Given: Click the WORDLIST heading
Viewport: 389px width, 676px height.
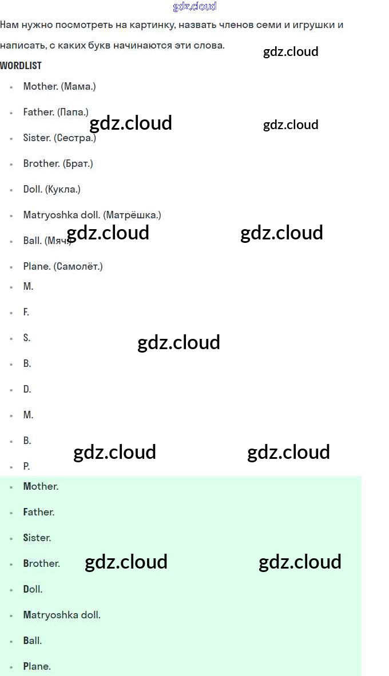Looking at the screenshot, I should pos(21,66).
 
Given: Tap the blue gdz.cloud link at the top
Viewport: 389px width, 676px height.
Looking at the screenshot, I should pos(194,7).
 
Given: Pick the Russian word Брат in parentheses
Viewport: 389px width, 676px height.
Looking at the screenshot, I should pos(77,163).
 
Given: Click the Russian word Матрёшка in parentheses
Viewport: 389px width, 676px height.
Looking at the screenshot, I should pos(132,215).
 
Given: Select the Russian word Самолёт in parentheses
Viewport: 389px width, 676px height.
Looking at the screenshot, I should pos(78,266).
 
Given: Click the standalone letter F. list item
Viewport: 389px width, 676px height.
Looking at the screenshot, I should pos(26,312).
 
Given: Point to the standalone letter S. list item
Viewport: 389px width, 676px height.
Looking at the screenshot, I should pos(26,338).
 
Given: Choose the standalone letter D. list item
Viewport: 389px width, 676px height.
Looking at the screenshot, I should pos(27,389).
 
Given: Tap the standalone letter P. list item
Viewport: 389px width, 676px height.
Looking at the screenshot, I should pos(26,466).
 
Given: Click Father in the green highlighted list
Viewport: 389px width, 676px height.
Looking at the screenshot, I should pos(38,512).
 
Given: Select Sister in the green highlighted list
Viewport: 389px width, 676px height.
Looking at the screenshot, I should pos(37,538).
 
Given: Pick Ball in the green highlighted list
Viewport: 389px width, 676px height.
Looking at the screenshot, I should pos(32,641).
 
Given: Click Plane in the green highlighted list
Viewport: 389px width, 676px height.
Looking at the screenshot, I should pos(37,666).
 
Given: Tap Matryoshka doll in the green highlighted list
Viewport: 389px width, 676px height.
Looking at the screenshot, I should pos(62,615).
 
